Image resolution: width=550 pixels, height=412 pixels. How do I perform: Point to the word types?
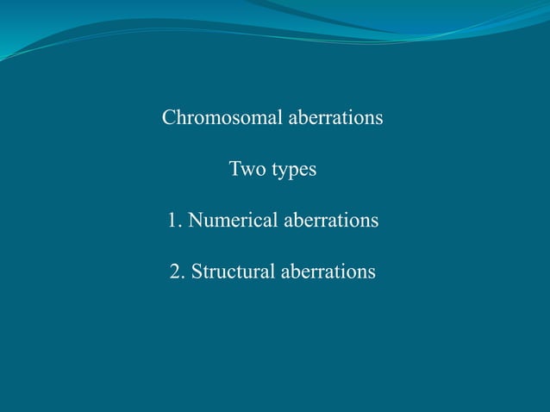pos(295,171)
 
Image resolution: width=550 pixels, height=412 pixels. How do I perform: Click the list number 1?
pos(173,221)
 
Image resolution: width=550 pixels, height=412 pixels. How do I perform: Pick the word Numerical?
pos(227,221)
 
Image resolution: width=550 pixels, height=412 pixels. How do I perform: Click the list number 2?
pos(177,272)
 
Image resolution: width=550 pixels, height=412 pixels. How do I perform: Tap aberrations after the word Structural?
pos(328,272)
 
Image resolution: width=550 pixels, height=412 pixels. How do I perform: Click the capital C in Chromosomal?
pos(168,117)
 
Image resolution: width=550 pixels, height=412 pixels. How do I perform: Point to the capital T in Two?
pos(234,170)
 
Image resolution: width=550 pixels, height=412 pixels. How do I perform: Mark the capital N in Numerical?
pos(195,221)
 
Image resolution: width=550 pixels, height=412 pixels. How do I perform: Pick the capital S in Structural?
pos(197,272)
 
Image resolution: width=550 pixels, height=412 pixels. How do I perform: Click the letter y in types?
pos(283,172)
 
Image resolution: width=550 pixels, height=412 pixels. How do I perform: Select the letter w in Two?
pos(247,171)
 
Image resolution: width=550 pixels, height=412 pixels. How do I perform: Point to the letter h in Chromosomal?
pos(179,117)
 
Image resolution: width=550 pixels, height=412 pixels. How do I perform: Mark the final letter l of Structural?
pos(273,272)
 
